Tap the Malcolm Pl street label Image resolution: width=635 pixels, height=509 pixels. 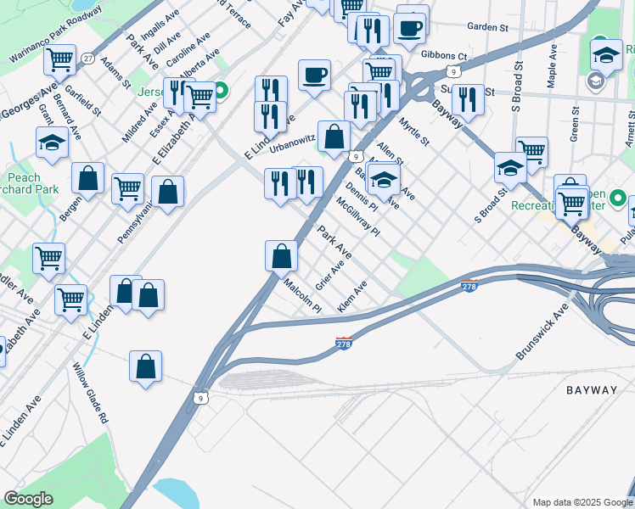pos(302,296)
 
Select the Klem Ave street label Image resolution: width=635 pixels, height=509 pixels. pos(351,296)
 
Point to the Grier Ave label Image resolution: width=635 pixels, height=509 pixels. pos(329,275)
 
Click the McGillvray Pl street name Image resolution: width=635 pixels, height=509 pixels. pos(357,217)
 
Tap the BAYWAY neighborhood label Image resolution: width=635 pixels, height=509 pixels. pos(592,390)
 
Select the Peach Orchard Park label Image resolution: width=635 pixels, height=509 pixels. pos(24,184)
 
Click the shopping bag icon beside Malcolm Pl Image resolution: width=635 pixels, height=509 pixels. pos(281,255)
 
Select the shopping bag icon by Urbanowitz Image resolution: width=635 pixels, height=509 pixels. pos(334,136)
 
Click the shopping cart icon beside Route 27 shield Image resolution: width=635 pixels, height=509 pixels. pos(60,59)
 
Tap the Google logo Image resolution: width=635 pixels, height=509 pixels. pos(28,499)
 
